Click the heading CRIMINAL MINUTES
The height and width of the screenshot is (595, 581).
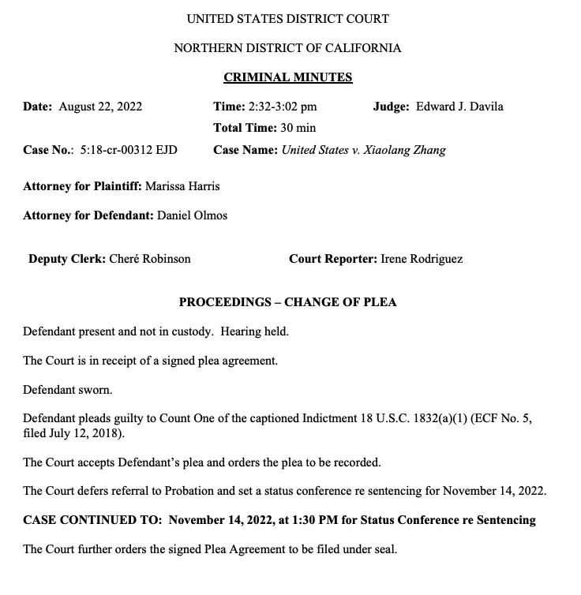[287, 77]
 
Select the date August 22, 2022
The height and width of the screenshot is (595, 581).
[101, 107]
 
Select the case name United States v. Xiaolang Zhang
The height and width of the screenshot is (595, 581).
[363, 149]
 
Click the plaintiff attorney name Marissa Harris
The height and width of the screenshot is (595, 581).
[182, 186]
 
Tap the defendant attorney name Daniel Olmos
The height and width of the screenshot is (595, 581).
[192, 215]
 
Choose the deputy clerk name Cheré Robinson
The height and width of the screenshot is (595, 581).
[149, 258]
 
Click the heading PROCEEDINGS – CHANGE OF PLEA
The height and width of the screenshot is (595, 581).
[287, 302]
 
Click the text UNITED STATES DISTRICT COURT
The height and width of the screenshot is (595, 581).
[287, 18]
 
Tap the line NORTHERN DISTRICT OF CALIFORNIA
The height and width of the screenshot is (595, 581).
[287, 48]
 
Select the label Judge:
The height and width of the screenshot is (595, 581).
[391, 107]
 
